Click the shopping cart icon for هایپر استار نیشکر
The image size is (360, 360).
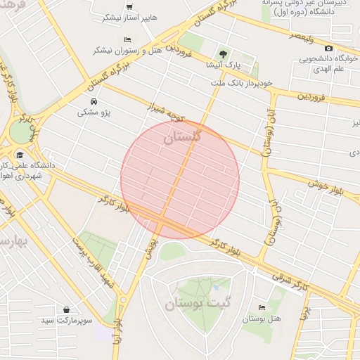click(x=129, y=6)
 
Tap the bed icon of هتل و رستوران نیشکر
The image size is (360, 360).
click(x=127, y=39)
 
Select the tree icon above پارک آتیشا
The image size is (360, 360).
click(x=223, y=53)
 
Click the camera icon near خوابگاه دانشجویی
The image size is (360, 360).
click(x=328, y=48)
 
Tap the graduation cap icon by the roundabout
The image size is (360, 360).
click(x=20, y=155)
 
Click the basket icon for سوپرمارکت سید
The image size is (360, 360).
click(x=66, y=309)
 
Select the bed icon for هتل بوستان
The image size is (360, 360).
click(x=262, y=307)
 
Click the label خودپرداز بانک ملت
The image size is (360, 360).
click(x=240, y=83)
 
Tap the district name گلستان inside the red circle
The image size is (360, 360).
click(x=182, y=137)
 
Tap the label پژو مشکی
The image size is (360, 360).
click(x=94, y=112)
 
